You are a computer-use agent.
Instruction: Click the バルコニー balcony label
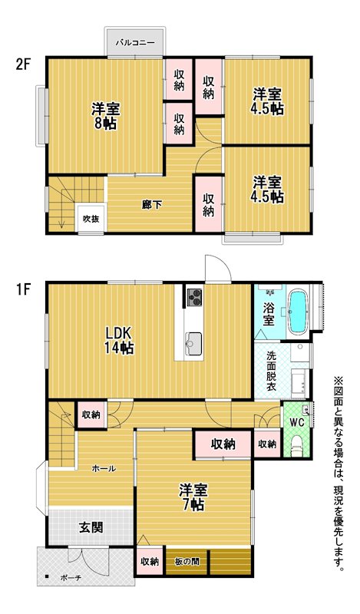(135, 43)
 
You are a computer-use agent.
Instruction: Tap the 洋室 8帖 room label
(106, 116)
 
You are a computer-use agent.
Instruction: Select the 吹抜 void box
(91, 219)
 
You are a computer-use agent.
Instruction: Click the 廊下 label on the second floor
(152, 205)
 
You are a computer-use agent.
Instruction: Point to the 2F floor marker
(23, 64)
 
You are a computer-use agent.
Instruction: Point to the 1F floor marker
(23, 289)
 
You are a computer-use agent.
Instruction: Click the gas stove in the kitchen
(194, 296)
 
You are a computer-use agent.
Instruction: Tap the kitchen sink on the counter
(193, 343)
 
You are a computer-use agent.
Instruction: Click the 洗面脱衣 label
(271, 371)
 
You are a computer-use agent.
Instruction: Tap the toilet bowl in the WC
(297, 446)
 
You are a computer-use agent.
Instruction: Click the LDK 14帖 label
(118, 340)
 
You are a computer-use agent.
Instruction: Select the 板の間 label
(187, 562)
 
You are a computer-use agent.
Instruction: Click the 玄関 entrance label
(91, 527)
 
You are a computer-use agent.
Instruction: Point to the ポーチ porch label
(71, 578)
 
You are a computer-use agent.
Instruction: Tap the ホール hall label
(104, 468)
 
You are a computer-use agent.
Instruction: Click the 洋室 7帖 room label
(193, 497)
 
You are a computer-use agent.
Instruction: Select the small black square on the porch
(47, 576)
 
